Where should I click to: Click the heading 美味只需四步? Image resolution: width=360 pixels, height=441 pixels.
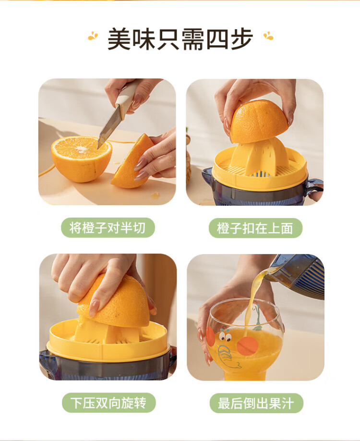pos(180,39)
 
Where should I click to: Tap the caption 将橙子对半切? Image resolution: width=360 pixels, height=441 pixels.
pos(108,228)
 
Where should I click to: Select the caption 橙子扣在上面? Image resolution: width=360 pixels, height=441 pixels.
pos(255,228)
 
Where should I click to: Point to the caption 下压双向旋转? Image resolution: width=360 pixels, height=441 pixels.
pos(108,403)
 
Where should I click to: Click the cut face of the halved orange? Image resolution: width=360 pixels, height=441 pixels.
pos(81,148)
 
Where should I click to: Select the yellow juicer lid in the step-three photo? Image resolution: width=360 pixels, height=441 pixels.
pos(108,342)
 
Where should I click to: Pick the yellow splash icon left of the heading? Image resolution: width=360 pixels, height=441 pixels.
pos(93,36)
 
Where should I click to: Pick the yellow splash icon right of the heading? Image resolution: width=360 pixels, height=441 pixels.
pos(268,36)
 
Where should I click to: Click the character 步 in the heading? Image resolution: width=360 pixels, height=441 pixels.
pos(241,39)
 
